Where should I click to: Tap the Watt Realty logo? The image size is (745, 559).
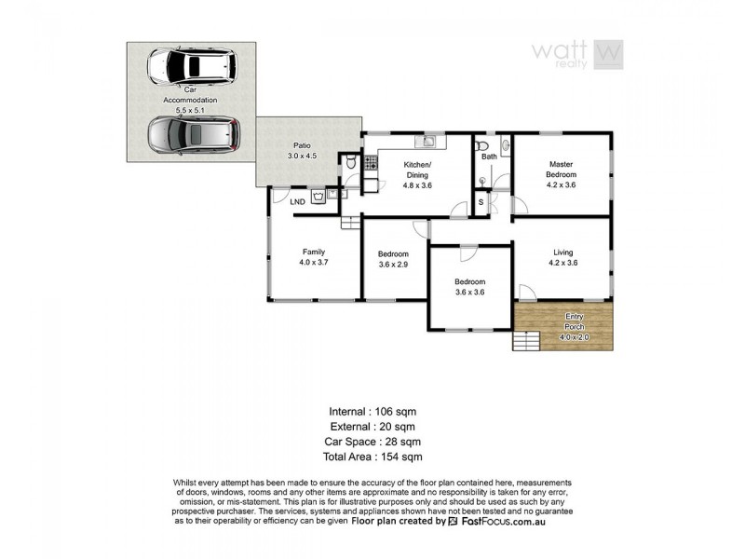576,52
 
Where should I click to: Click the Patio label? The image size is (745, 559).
301,145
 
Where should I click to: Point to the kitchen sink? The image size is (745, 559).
429,143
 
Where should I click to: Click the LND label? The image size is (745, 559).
297,201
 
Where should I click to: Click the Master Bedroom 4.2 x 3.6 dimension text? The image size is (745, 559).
562,184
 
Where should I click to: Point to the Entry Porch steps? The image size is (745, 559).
526,341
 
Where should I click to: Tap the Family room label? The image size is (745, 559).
314,252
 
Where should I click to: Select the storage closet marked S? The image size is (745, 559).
481,202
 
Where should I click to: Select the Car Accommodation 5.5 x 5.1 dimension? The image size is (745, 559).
190,110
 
